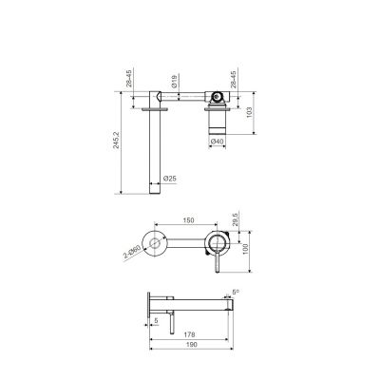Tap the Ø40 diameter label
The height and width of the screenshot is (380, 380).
tap(217, 142)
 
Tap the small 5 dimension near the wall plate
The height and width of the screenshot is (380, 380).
tap(156, 320)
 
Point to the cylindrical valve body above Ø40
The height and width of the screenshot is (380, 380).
tap(218, 121)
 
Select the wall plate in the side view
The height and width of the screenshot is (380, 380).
tap(147, 307)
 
